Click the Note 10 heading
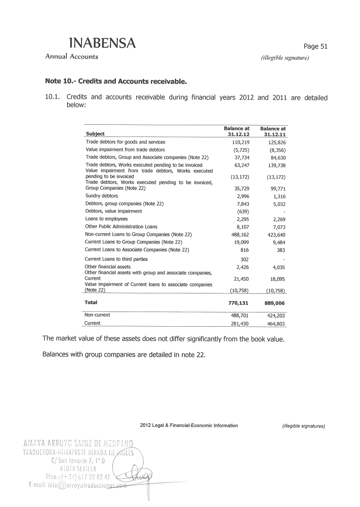(116, 81)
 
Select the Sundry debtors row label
(101, 196)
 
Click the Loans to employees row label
(106, 219)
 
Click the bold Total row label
(91, 302)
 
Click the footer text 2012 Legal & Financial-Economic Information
(189, 426)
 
